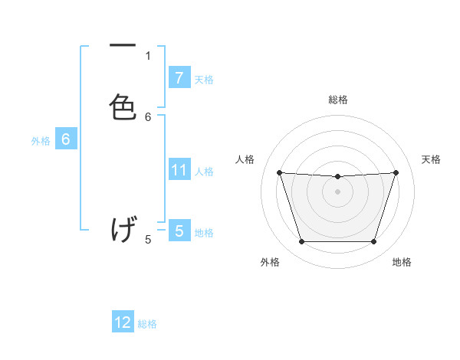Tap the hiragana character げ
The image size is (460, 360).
123,230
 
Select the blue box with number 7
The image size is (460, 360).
179,78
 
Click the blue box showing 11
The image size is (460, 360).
179,170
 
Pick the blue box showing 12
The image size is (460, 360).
123,322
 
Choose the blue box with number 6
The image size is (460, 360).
66,139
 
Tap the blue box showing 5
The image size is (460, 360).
179,231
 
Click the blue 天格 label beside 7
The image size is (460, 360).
204,79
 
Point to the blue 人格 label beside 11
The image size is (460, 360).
204,171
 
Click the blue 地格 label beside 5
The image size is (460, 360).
204,232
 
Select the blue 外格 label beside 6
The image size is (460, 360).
41,141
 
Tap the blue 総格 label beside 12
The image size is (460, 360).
147,324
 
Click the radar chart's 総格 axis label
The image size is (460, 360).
337,100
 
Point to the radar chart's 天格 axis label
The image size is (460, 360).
431,159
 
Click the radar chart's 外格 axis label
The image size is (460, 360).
270,262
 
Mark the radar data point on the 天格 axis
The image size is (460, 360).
396,172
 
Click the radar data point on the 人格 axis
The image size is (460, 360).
279,172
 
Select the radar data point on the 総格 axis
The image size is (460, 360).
337,177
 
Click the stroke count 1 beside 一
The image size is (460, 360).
148,55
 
